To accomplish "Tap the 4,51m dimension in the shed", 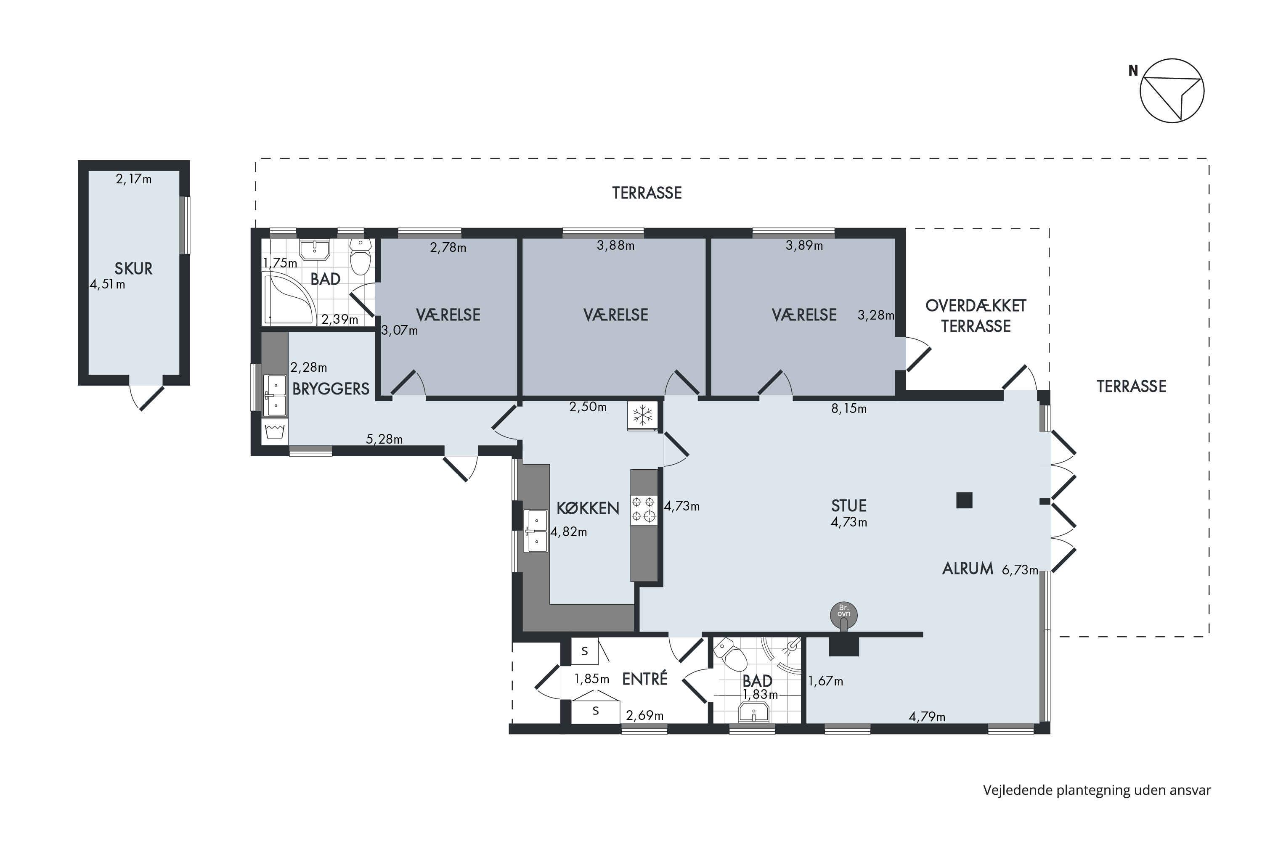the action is pos(107,284).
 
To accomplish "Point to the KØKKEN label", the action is pos(588,508).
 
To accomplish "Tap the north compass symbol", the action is pos(1172,91).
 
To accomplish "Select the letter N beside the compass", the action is pos(1133,70).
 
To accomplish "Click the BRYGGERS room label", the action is pos(331,389).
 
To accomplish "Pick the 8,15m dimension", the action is pos(849,409).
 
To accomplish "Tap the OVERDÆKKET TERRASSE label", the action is pos(976,316).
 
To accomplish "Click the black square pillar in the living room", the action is pos(964,500).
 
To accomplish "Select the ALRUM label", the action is pos(968,569).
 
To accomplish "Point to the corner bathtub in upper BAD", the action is pos(289,298).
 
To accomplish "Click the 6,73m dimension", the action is pos(1019,570).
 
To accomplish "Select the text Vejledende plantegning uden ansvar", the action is pos(1097,790).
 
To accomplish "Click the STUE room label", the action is pos(848,505).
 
